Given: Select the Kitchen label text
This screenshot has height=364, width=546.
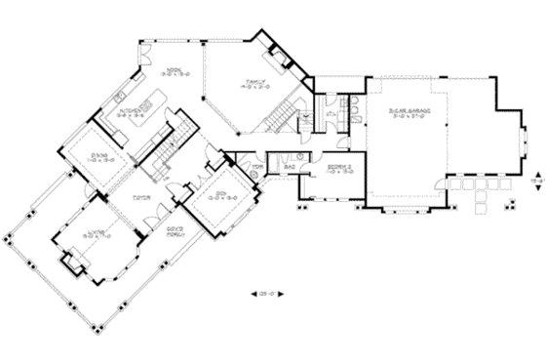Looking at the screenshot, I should coord(133,111).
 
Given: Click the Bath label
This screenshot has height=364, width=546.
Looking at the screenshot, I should coord(290,167).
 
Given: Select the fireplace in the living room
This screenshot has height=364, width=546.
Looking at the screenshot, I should coord(71,262).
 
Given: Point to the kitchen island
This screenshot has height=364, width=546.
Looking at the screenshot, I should coord(149,102).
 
